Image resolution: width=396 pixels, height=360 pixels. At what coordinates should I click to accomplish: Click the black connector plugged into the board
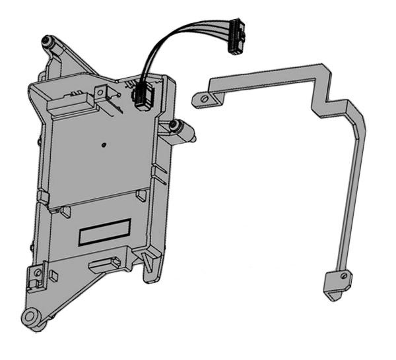(x=142, y=97)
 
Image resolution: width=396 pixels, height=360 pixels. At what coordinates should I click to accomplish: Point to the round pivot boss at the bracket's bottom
(x=31, y=317)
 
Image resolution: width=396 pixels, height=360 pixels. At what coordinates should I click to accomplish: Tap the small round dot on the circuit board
(x=104, y=142)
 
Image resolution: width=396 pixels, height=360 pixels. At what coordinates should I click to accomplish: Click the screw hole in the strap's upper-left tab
(x=205, y=100)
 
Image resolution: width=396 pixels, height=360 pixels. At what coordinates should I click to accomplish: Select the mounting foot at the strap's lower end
(x=336, y=284)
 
